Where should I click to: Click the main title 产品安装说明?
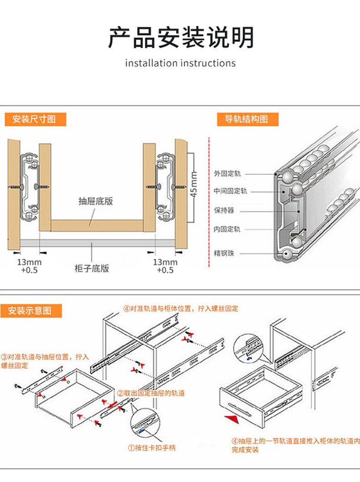180,37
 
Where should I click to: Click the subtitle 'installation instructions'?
180,63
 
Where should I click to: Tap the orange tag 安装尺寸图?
34,119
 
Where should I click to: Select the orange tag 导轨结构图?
246,119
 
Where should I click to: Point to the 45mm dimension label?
193,184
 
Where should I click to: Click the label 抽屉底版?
96,201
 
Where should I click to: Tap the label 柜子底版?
92,268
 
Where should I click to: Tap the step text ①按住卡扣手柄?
151,448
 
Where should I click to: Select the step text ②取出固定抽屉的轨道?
151,393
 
